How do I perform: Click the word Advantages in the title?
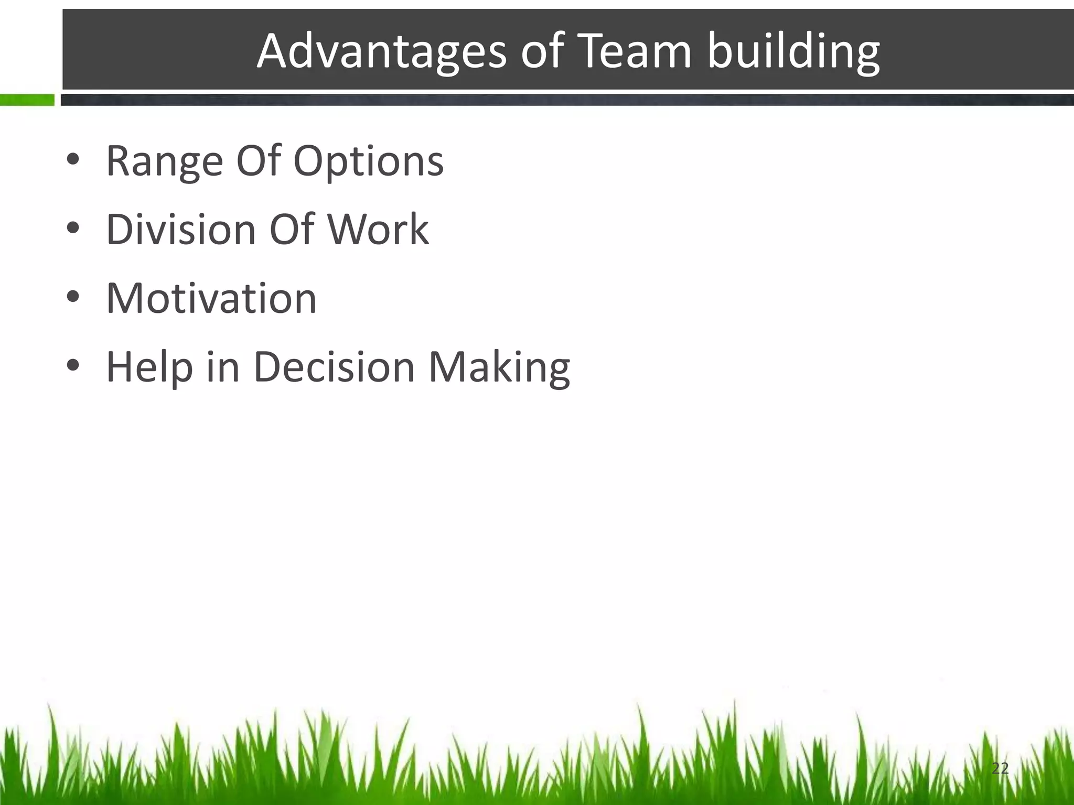(381, 52)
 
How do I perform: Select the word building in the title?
(793, 52)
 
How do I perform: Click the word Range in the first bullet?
(164, 161)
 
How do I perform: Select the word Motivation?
(211, 298)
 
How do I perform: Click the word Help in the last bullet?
(149, 367)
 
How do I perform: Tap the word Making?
(499, 367)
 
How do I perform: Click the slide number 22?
(1000, 768)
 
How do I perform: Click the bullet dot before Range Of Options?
(73, 160)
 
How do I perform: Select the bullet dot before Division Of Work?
(73, 229)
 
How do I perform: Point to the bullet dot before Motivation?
(73, 298)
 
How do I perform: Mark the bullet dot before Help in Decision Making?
(73, 366)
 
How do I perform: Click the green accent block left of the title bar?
(27, 100)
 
